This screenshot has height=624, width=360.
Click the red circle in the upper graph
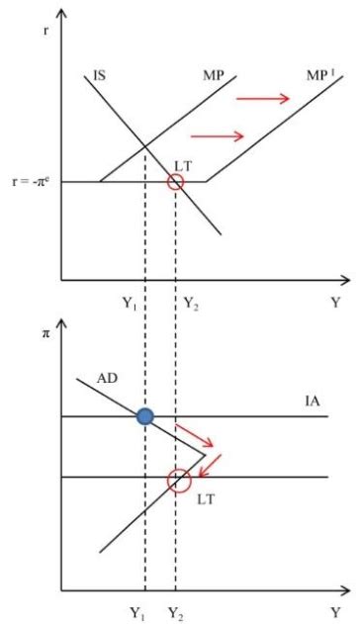coord(175,182)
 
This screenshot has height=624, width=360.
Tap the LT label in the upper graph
coord(182,162)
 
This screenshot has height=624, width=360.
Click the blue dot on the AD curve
coord(145,416)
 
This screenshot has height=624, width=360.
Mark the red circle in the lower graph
coord(178,481)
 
